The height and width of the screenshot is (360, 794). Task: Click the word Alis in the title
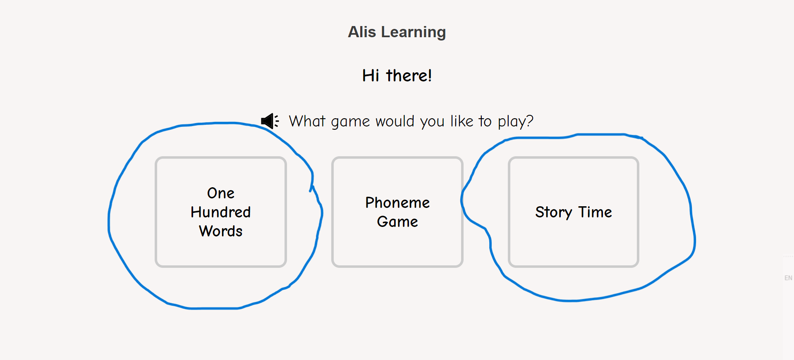click(362, 32)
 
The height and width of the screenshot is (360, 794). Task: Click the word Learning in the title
click(413, 33)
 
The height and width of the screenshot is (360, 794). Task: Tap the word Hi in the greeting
click(371, 76)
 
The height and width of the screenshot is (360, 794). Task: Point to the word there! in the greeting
click(409, 76)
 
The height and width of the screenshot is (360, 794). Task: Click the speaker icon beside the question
click(270, 121)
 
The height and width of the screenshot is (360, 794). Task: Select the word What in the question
click(307, 121)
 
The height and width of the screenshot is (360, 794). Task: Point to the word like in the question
click(462, 121)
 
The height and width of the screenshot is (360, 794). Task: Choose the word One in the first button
click(221, 193)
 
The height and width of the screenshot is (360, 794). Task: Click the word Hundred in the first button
click(221, 212)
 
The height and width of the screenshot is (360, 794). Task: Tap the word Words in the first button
click(221, 231)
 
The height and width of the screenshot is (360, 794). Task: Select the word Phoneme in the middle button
click(397, 203)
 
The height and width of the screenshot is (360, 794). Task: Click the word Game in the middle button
click(397, 222)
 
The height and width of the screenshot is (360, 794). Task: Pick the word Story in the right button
click(554, 212)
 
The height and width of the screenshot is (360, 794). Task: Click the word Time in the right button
click(595, 212)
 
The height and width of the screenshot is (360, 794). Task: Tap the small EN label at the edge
click(788, 278)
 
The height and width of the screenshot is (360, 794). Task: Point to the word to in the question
click(485, 121)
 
